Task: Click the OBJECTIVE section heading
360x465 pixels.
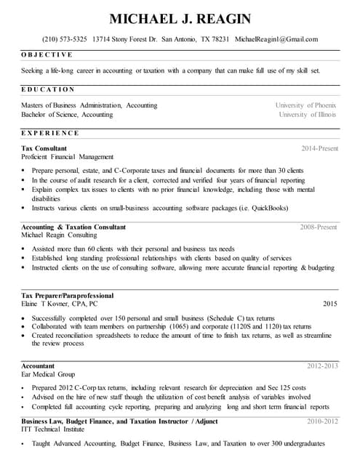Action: tap(47, 55)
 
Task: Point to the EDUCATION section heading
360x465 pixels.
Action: tap(48, 89)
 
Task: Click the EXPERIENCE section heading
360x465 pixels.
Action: tap(50, 133)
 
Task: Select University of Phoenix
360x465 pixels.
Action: tap(305, 105)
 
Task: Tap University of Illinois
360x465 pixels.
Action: tap(308, 115)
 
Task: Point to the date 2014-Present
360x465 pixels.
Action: tap(319, 148)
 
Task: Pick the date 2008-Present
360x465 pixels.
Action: tap(319, 227)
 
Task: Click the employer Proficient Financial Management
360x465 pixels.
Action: tap(68, 157)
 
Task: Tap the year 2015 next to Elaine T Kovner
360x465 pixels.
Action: tap(330, 304)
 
